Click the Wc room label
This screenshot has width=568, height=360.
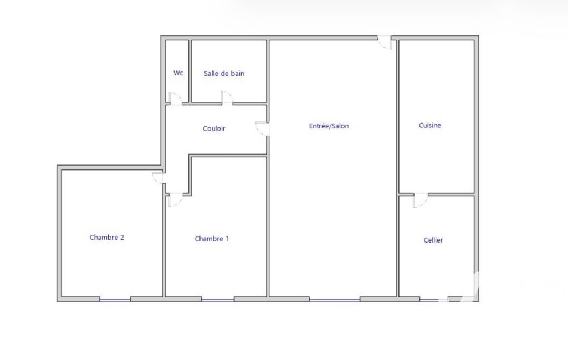(x=178, y=73)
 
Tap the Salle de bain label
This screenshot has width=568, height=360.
(x=224, y=74)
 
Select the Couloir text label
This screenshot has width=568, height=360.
(x=214, y=128)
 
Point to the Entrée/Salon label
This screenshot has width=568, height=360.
(x=329, y=126)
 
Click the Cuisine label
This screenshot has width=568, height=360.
(x=429, y=125)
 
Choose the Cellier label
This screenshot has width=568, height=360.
(x=433, y=240)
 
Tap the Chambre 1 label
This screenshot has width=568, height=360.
(x=212, y=239)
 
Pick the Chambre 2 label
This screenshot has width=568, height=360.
(x=107, y=238)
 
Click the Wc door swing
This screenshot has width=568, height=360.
(x=175, y=99)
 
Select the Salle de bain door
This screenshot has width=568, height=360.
(x=227, y=98)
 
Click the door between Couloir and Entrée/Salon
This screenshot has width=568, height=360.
(x=262, y=129)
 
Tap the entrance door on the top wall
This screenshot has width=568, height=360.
(x=385, y=43)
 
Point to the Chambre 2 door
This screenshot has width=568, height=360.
(x=158, y=177)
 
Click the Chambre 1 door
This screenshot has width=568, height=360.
(x=175, y=200)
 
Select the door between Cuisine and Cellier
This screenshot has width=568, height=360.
(x=420, y=200)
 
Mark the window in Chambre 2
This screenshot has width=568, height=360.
(x=115, y=300)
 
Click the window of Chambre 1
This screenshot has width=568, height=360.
(x=218, y=300)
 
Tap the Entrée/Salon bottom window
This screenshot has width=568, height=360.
(x=335, y=300)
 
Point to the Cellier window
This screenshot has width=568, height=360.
(x=434, y=300)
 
